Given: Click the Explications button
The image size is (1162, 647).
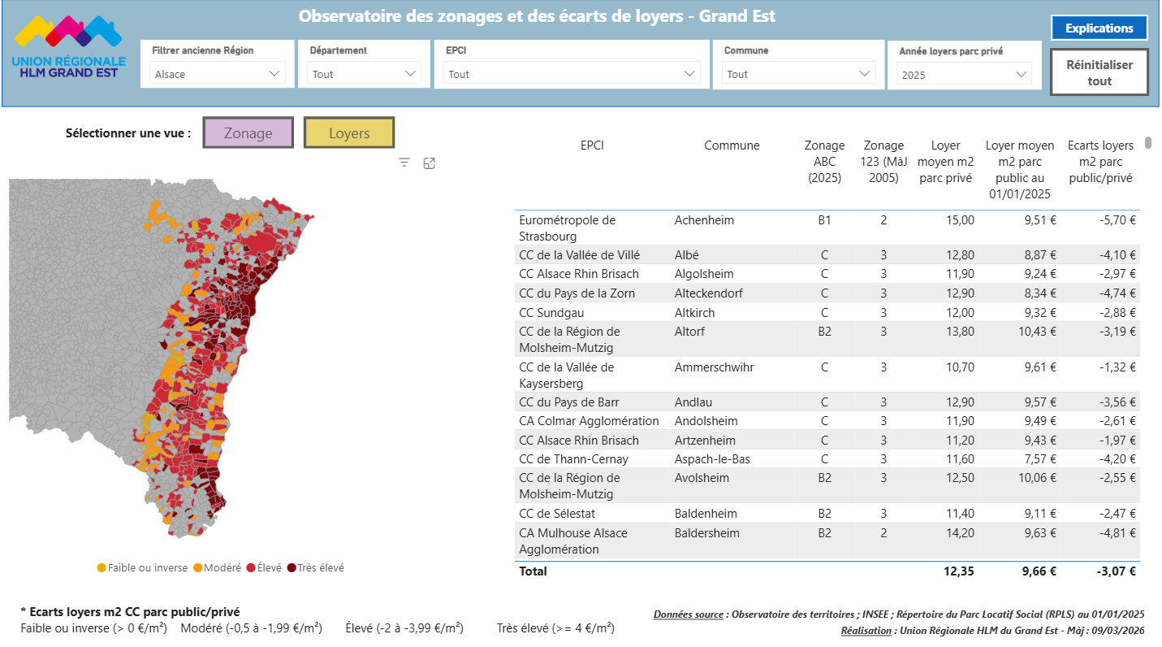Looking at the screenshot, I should click(x=1099, y=28).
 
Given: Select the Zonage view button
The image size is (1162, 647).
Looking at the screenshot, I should click(x=248, y=133).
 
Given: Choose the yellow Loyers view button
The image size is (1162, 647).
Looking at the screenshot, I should click(x=349, y=133).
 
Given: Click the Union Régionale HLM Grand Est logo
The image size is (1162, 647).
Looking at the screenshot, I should click(x=69, y=47).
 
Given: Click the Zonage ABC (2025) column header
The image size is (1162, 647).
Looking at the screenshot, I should click(x=824, y=162).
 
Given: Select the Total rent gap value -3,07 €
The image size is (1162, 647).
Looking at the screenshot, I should click(x=1116, y=571).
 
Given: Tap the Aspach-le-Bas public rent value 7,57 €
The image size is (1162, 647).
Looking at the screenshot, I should click(x=1039, y=459).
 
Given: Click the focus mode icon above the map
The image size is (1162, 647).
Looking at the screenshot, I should click(x=430, y=163).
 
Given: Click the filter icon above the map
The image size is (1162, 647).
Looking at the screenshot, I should click(x=404, y=163).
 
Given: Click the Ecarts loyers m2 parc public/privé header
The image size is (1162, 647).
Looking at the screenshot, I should click(x=1100, y=162).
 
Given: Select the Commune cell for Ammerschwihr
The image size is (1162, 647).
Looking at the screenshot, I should click(x=714, y=367).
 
